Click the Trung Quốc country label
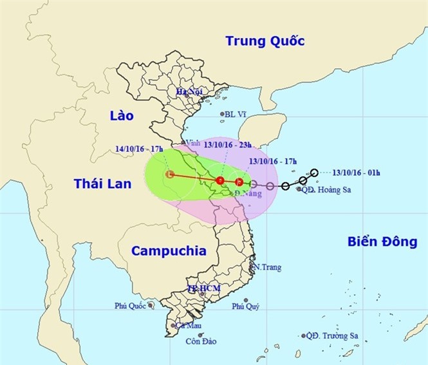(x=265, y=42)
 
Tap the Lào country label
(x=121, y=116)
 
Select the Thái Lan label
(x=102, y=184)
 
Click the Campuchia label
(x=169, y=251)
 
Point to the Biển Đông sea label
(x=382, y=242)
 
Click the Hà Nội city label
(x=190, y=92)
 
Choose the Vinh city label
(x=191, y=143)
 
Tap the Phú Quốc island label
(x=129, y=306)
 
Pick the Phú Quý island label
(x=245, y=306)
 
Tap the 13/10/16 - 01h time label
(x=357, y=173)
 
